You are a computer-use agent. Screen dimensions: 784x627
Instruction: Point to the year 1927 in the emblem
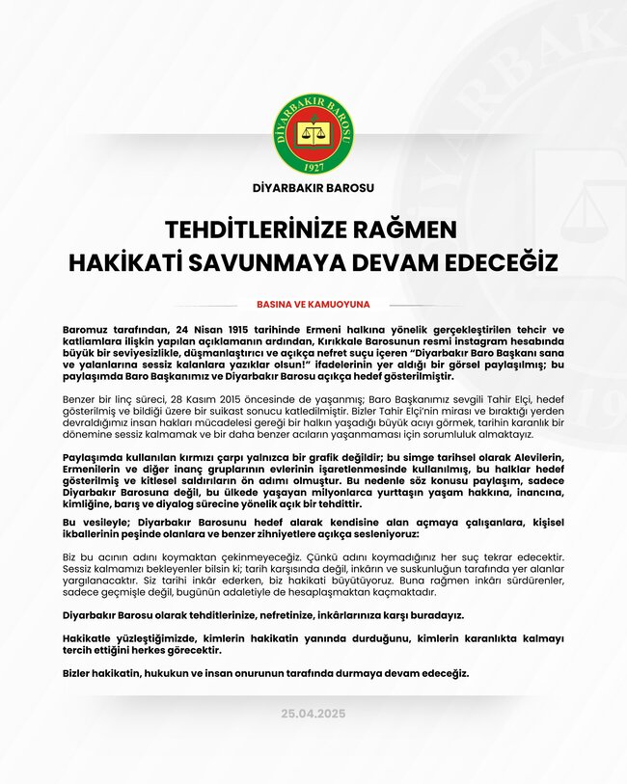click(x=313, y=166)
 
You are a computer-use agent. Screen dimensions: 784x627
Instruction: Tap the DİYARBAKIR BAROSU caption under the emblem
click(x=313, y=189)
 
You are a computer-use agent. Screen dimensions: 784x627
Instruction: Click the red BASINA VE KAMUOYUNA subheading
click(x=313, y=304)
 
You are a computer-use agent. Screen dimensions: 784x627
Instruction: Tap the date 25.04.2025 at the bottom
click(x=313, y=714)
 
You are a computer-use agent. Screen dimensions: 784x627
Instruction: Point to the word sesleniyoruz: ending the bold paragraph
click(x=393, y=534)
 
